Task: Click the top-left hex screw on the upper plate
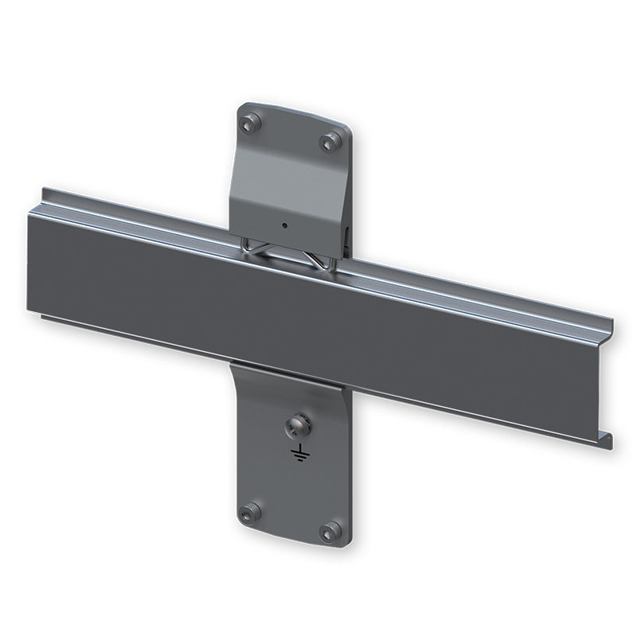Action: coord(252,123)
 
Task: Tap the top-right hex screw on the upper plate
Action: coord(330,142)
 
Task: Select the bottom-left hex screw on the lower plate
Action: coord(250,512)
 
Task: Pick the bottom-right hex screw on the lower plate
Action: coord(330,531)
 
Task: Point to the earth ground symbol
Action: coord(299,455)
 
